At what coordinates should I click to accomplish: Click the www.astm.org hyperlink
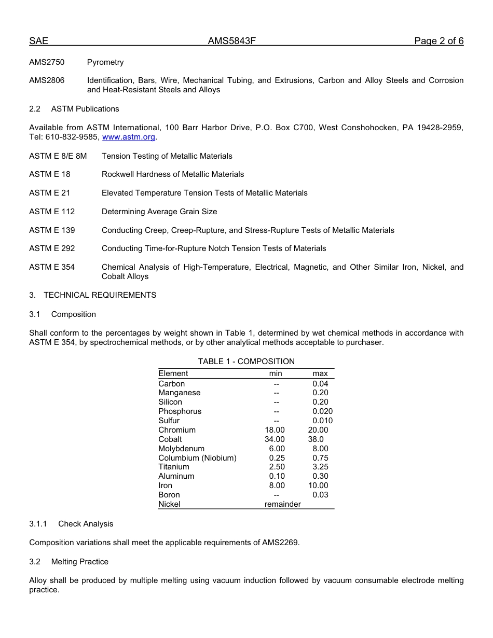129,137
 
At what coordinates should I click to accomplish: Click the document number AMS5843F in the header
231,41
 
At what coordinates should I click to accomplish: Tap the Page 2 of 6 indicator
439,41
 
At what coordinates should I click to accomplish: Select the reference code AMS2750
47,62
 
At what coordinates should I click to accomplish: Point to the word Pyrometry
105,62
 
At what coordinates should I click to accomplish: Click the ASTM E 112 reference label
52,212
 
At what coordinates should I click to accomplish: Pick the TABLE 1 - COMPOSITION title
246,362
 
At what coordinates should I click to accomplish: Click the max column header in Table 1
320,373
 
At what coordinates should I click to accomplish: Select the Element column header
173,373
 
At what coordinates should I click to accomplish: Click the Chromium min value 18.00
275,430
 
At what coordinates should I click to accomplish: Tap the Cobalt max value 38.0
316,439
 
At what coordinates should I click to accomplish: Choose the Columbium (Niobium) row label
197,458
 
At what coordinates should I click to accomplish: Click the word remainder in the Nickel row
282,504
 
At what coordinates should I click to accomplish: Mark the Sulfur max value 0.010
322,421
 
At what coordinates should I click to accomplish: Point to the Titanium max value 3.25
320,467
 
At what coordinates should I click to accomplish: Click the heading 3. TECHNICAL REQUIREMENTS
93,295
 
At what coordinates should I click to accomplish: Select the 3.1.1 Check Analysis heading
71,524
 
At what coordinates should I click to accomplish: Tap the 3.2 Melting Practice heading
69,562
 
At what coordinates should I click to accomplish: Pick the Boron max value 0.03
320,495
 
